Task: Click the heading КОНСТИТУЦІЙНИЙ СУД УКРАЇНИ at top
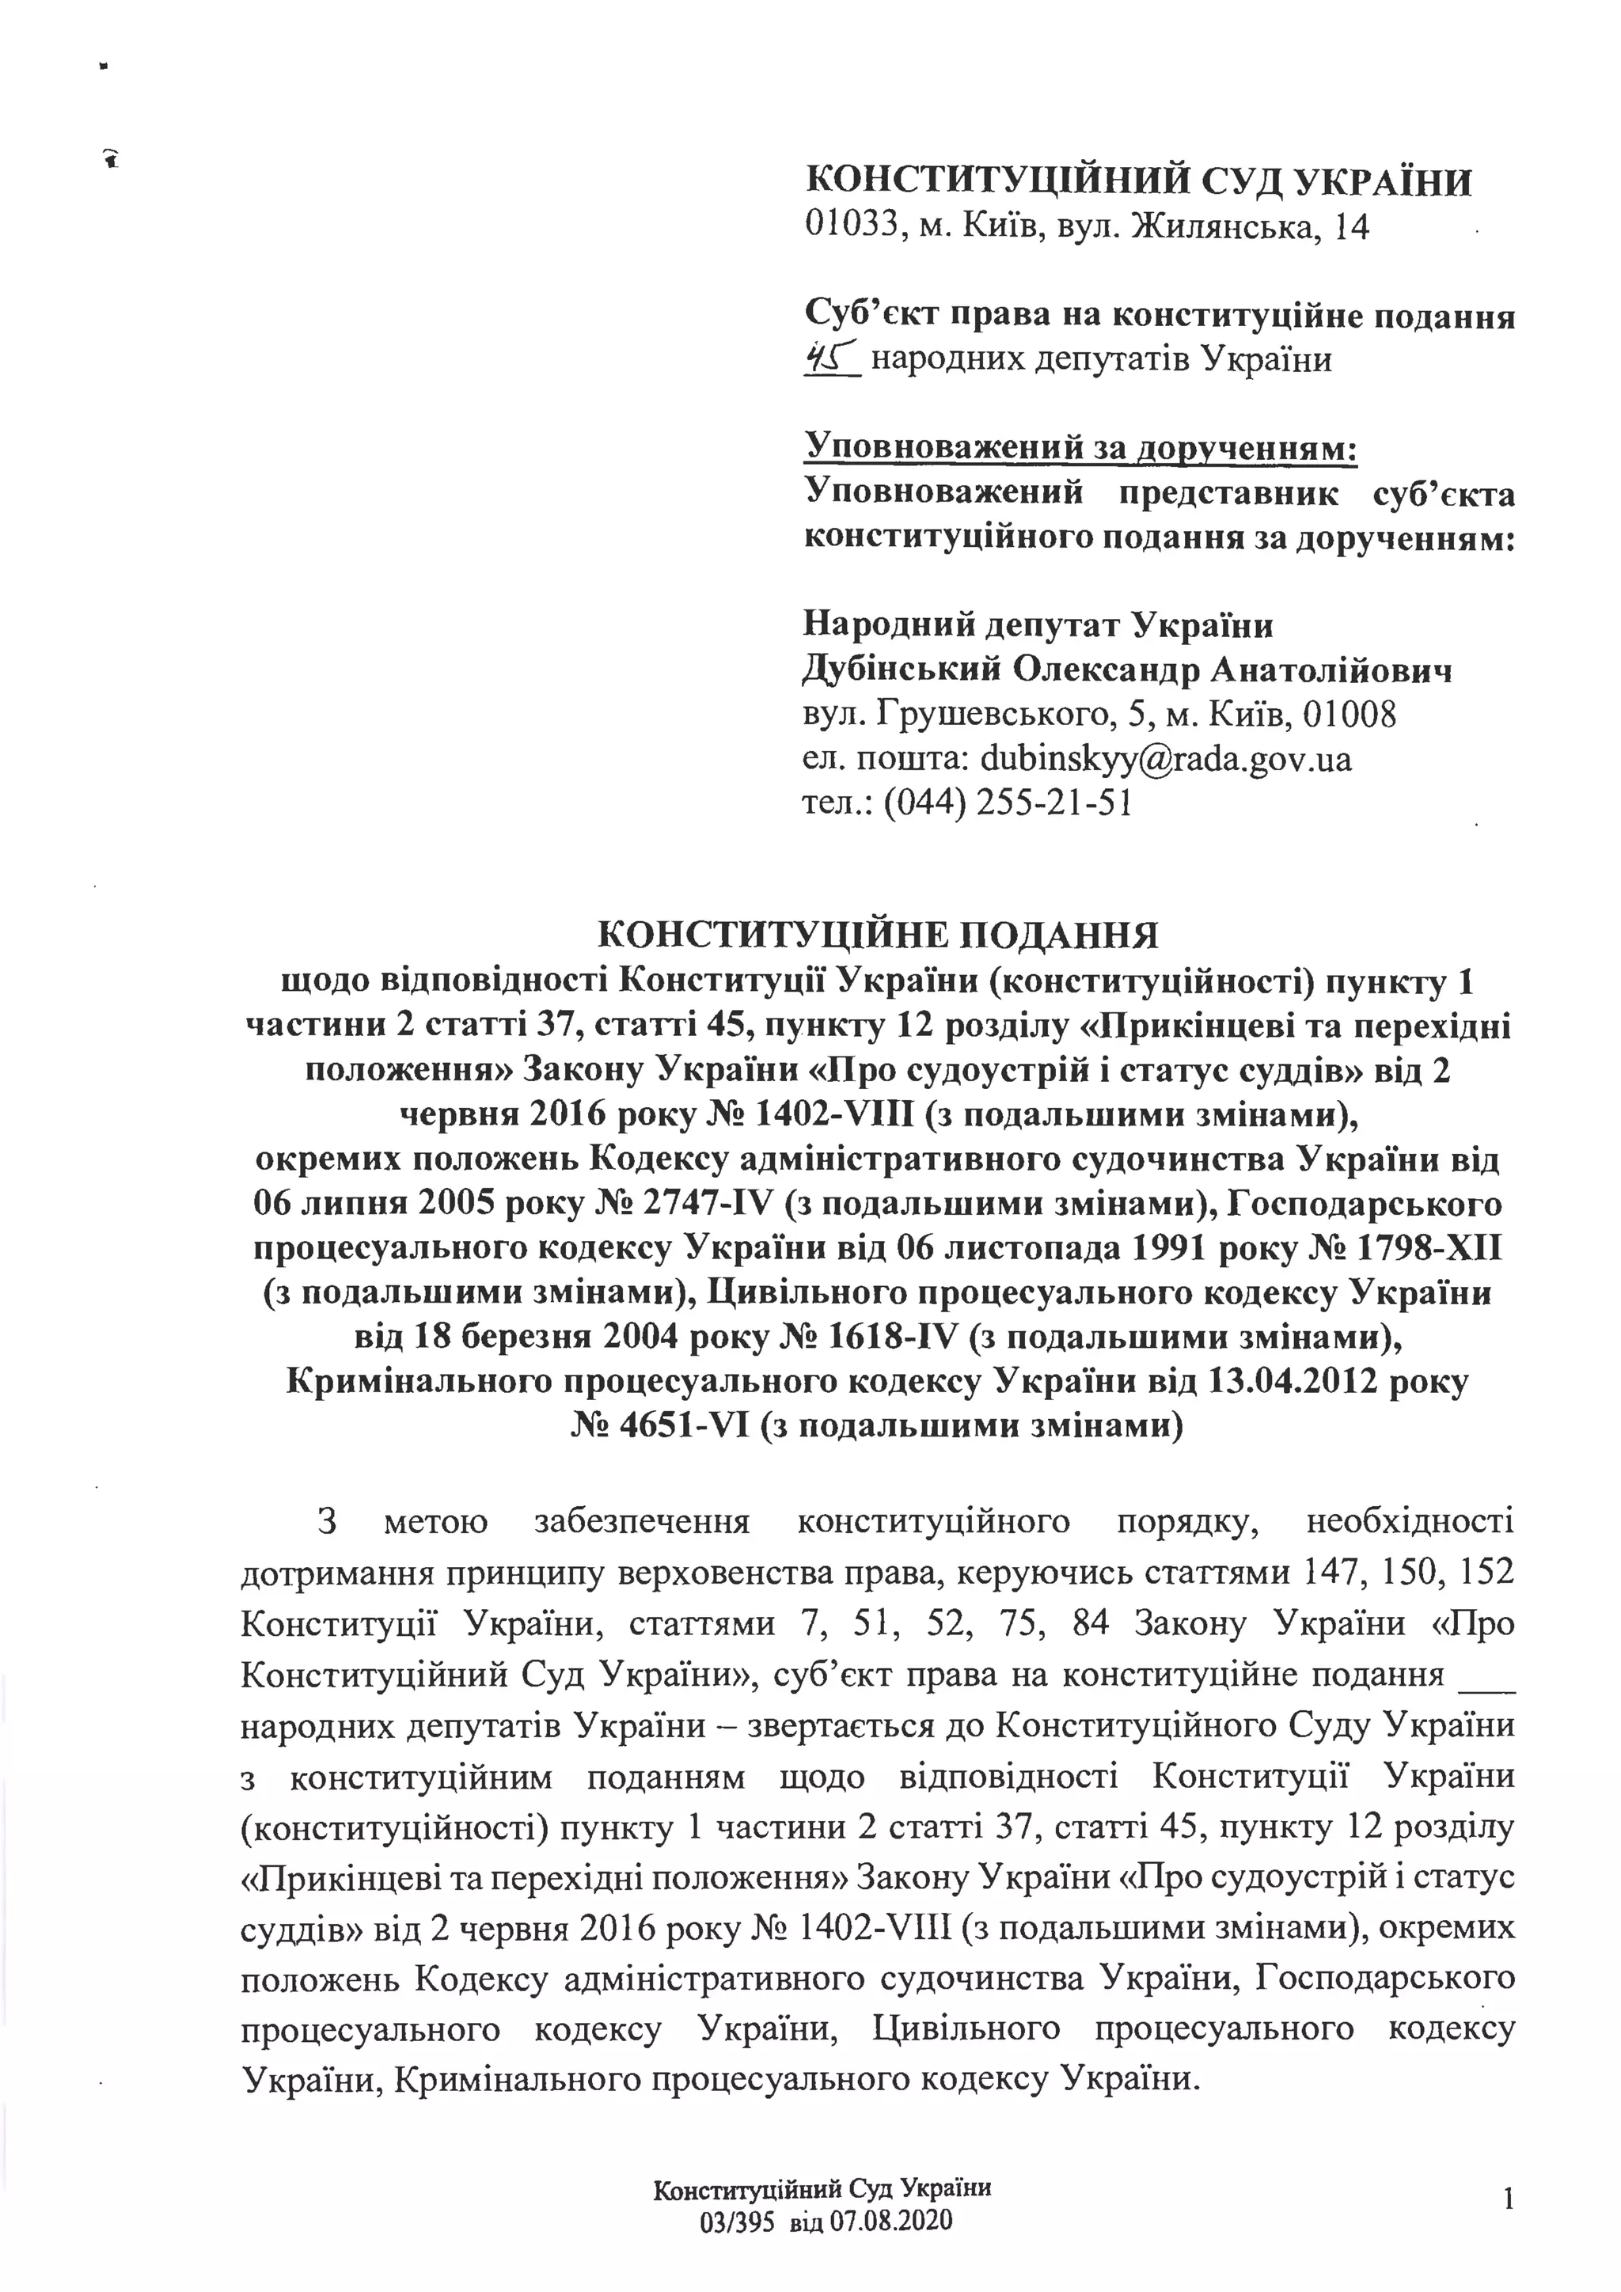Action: point(1139,184)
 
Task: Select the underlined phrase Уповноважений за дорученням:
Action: point(1081,448)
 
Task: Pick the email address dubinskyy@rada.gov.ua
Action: point(1166,760)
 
